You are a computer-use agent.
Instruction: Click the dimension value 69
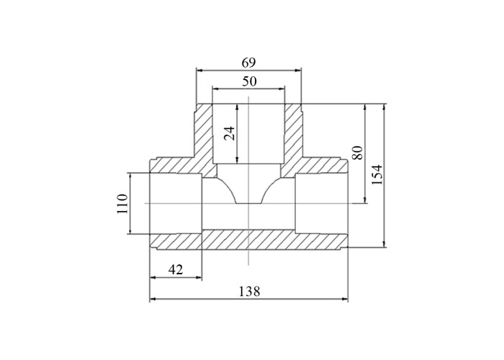tap(248, 63)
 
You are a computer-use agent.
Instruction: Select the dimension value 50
tap(249, 81)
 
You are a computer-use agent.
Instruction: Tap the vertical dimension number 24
tap(230, 133)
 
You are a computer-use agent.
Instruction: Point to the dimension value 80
tap(358, 153)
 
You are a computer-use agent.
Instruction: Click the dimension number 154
tap(377, 174)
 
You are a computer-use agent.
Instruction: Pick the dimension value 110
tap(122, 204)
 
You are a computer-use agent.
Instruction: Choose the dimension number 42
tap(176, 269)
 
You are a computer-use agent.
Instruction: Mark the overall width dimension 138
tap(249, 292)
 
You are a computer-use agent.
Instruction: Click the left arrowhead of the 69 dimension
tap(199, 70)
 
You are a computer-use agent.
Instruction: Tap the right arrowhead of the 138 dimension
tap(345, 299)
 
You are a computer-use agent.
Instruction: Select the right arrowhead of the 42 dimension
tap(199, 277)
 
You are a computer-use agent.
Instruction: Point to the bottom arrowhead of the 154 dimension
tap(384, 244)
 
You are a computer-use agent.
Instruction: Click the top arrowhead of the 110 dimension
tap(130, 176)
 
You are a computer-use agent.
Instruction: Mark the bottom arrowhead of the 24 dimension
tap(237, 161)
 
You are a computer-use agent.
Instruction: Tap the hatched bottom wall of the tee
tap(249, 240)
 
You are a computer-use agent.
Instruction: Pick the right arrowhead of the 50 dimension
tap(282, 89)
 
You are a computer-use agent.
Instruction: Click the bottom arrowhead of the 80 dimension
tap(365, 200)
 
